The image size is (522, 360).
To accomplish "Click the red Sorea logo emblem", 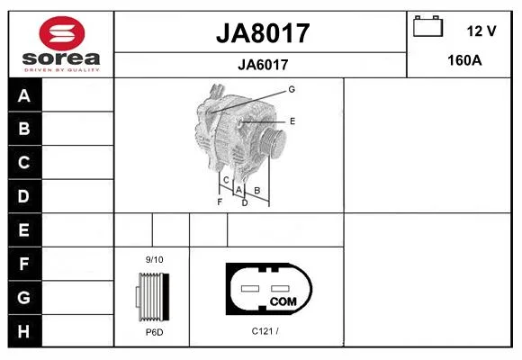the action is point(62,33).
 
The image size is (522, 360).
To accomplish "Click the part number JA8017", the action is point(263,33).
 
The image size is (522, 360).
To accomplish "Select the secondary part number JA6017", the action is point(263,65).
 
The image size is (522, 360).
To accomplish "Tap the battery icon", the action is point(427,26).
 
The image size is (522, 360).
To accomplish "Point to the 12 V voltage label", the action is point(481,31).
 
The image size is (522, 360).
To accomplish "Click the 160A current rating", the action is point(464,60).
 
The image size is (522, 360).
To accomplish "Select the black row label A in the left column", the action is point(24,95).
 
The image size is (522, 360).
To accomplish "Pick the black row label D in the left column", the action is point(24,196).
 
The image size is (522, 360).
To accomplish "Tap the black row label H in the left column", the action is point(24,331).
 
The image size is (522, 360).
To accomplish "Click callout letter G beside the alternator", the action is point(292,89).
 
